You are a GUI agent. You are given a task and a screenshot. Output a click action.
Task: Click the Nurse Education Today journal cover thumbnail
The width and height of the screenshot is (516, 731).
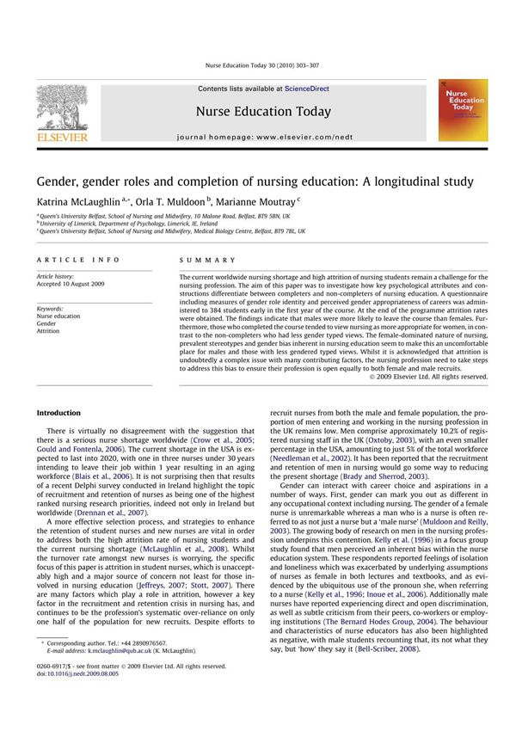462,110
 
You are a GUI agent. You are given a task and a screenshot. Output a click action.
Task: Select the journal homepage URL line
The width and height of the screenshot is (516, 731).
266,137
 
